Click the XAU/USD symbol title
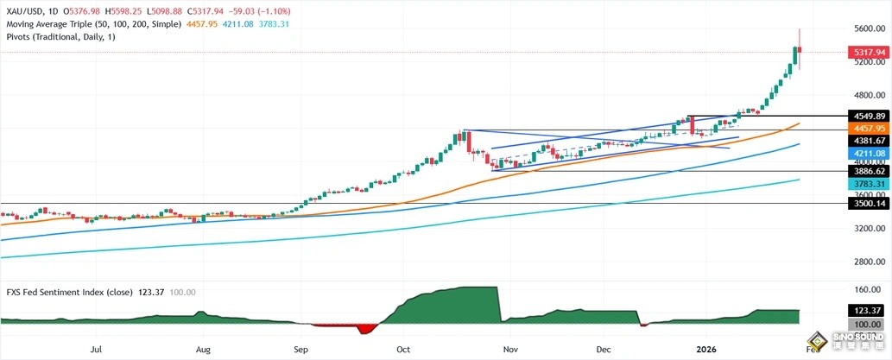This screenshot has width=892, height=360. point(24,9)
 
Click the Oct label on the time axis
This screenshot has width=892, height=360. point(402,350)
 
